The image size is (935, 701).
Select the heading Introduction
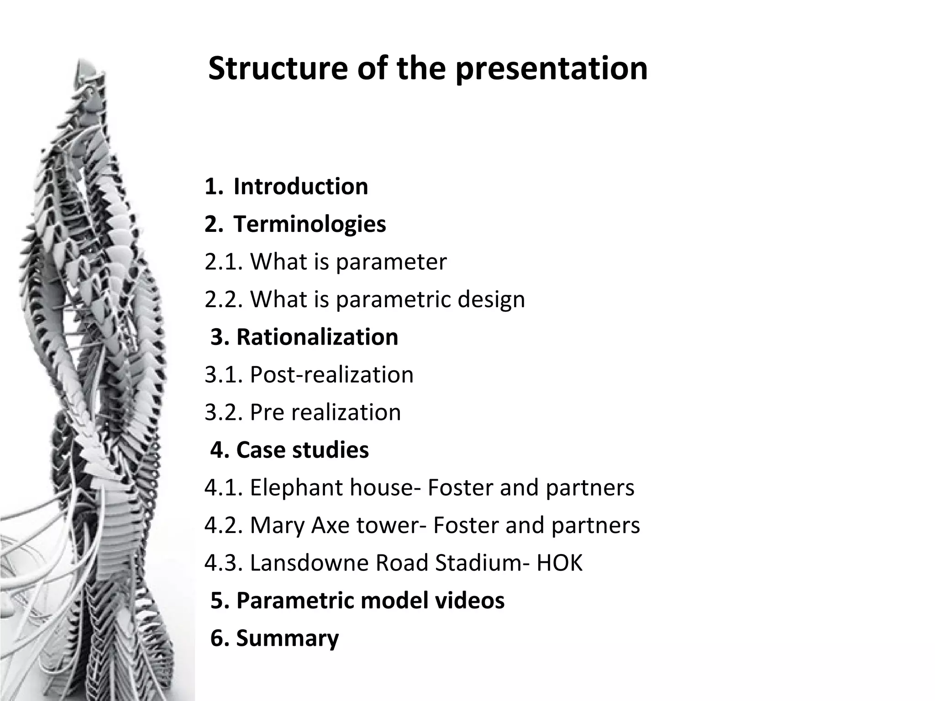click(300, 186)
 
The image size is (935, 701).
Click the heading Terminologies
click(310, 224)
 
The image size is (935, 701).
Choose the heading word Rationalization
click(317, 337)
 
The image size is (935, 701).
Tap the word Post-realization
click(331, 375)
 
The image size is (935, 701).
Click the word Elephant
click(297, 487)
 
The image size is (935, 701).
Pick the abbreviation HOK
click(560, 563)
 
